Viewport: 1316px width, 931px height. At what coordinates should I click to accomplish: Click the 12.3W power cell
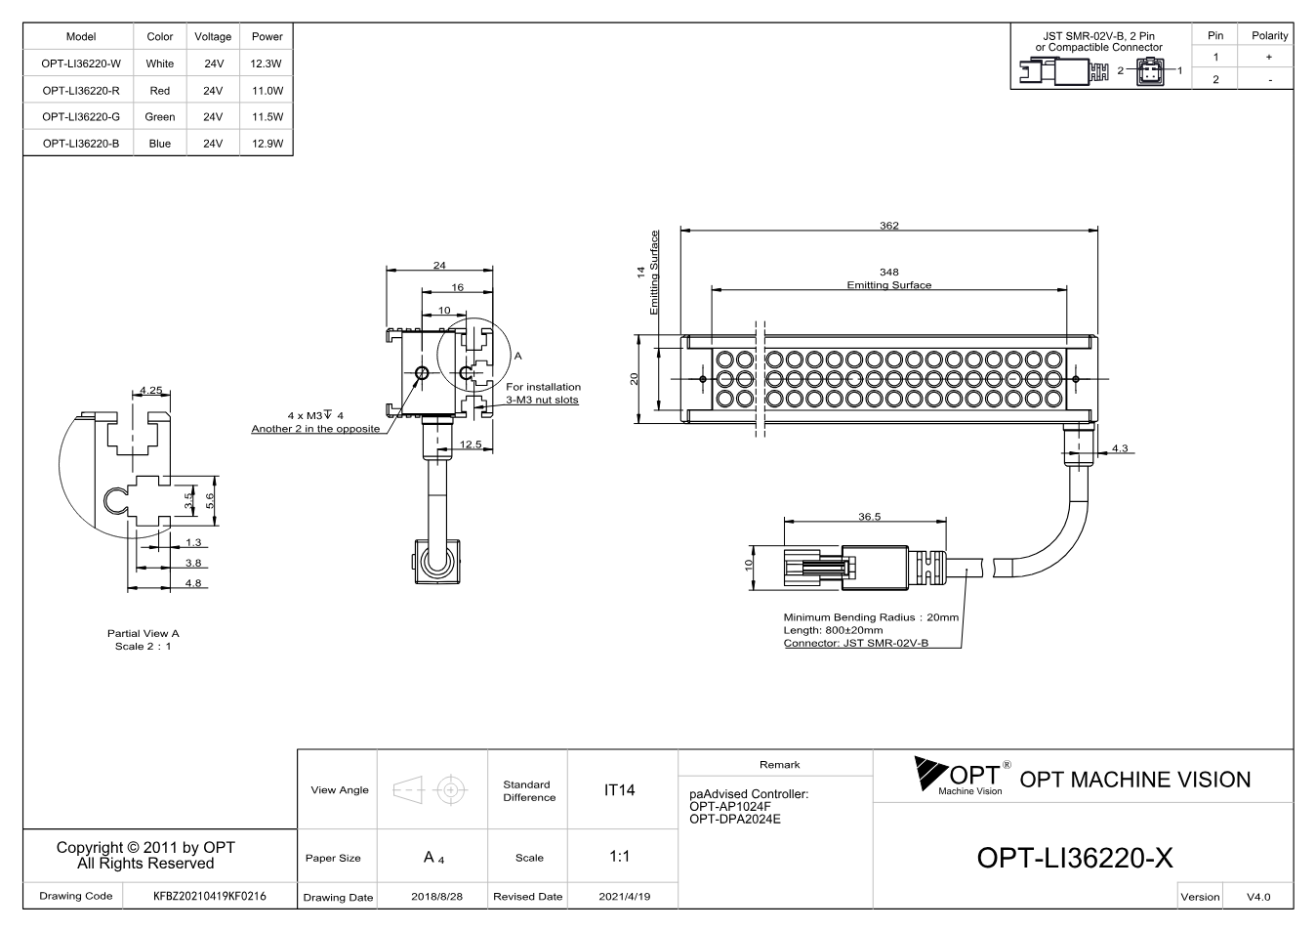(267, 63)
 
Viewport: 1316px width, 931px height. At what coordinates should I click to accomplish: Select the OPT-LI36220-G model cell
(81, 117)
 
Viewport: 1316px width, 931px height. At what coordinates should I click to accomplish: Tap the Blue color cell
(160, 144)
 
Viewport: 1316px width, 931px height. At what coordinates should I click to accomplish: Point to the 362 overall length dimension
(889, 225)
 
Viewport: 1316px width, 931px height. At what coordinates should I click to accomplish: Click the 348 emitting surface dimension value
(889, 272)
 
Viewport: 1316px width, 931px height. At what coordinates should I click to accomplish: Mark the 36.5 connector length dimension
(870, 517)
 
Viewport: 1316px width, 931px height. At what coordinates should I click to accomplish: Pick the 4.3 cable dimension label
(1120, 447)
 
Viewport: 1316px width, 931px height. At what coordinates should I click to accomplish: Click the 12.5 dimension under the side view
(471, 444)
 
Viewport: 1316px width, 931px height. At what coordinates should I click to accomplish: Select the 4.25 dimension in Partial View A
(151, 390)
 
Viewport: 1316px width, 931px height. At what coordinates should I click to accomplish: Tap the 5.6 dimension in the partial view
(210, 501)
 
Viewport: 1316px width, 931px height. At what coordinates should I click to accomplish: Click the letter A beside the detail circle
(517, 356)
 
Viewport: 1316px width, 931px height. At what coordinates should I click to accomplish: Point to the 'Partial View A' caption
(143, 633)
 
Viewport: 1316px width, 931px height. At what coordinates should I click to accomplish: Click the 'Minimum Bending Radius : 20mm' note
(871, 617)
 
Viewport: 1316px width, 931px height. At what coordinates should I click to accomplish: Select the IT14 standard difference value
(619, 790)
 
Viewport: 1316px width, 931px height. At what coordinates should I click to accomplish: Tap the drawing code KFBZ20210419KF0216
(210, 897)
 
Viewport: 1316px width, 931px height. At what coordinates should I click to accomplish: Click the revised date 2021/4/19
(625, 897)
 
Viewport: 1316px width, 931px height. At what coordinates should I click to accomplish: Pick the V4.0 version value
(1258, 897)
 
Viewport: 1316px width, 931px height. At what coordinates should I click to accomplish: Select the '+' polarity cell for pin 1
(1269, 57)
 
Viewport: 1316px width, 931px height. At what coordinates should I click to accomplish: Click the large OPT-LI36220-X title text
(1075, 858)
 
